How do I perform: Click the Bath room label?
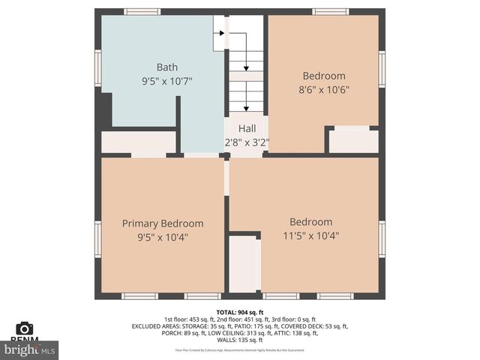click(167, 67)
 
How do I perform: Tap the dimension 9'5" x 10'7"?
click(167, 81)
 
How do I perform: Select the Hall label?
click(247, 129)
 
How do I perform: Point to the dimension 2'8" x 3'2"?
click(247, 142)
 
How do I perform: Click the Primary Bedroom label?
click(163, 223)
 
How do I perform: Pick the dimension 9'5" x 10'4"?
click(163, 238)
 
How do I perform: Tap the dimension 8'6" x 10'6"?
click(324, 89)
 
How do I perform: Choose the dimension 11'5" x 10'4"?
click(310, 235)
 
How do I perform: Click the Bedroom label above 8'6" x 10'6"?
click(324, 76)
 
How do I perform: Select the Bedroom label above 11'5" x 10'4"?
click(310, 222)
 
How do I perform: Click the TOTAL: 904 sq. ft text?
click(240, 312)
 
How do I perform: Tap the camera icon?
click(25, 328)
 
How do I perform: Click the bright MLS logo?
click(30, 349)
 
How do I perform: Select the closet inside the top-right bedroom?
click(353, 141)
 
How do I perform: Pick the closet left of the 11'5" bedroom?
click(244, 264)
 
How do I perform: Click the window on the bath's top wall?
click(142, 11)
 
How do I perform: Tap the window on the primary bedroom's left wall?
click(97, 238)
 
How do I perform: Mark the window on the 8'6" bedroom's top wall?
click(330, 11)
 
